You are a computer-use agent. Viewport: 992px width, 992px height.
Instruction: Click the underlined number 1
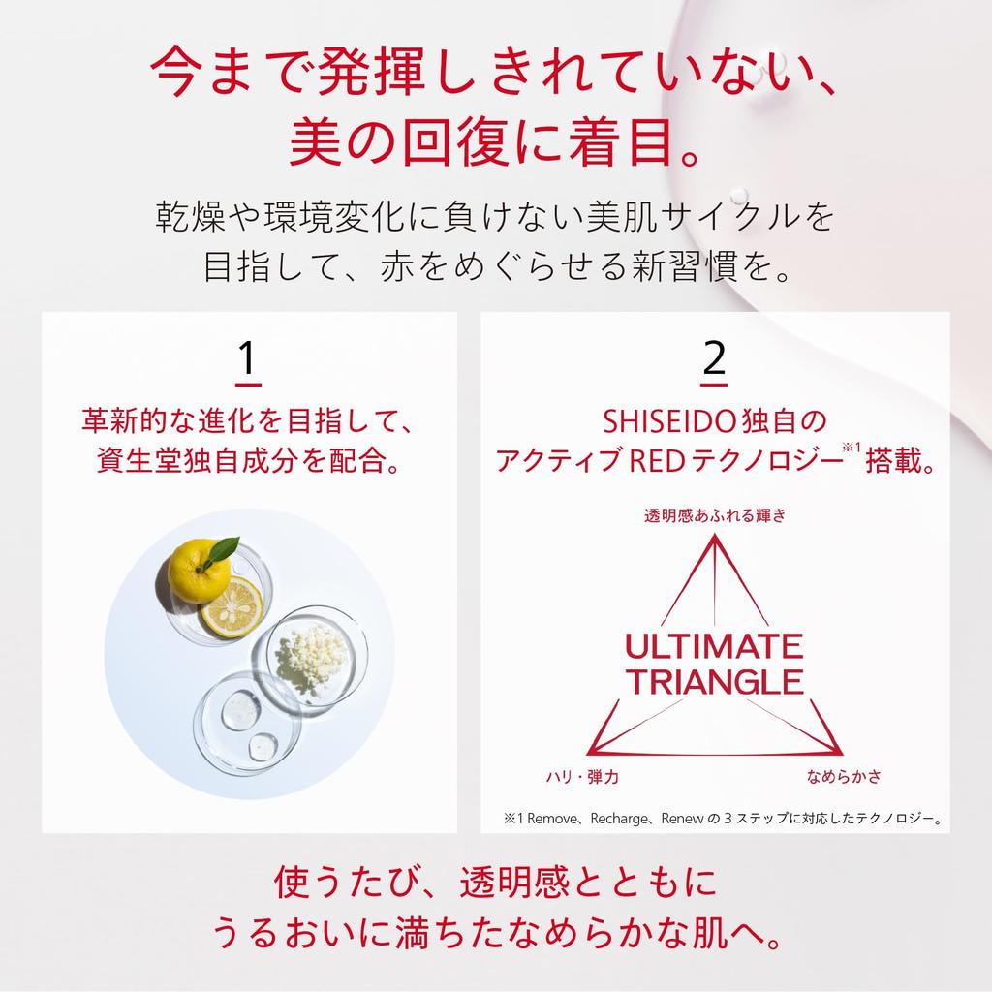pos(248,359)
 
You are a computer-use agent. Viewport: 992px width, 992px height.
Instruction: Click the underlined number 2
pos(714,359)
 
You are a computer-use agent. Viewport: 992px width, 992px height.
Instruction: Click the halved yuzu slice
pos(232,606)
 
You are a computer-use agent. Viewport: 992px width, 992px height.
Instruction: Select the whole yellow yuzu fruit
pos(199,572)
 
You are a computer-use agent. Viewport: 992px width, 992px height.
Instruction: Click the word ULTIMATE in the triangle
pos(714,646)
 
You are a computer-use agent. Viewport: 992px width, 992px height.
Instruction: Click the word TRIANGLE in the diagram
pos(714,682)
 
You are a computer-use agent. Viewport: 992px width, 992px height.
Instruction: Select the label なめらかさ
pos(844,777)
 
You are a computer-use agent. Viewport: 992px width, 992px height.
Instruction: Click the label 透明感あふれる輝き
pos(714,515)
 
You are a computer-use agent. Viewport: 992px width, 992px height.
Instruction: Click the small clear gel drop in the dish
pos(262,746)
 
